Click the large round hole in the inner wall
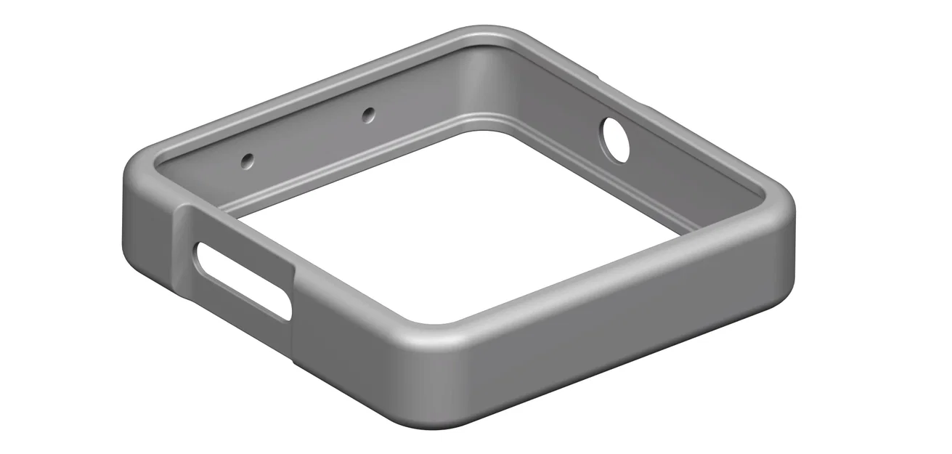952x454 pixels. [x=615, y=139]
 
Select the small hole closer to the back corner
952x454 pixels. [x=369, y=113]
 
